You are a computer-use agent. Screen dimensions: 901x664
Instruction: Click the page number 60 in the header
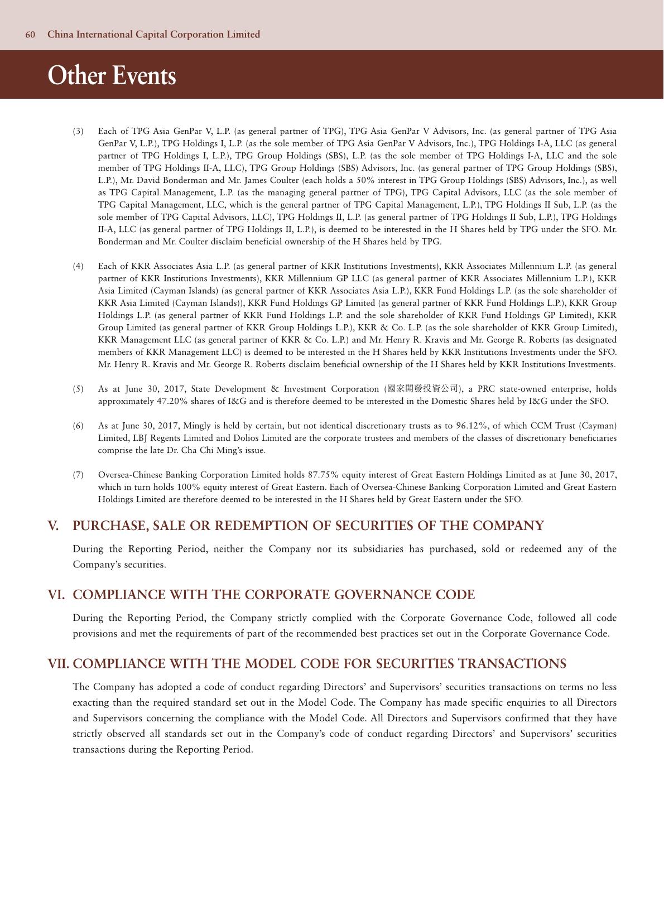pos(30,35)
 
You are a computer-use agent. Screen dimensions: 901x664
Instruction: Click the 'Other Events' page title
pos(112,75)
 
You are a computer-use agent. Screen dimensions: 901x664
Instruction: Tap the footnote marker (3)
pos(78,131)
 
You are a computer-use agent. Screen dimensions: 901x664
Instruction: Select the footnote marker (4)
pos(78,266)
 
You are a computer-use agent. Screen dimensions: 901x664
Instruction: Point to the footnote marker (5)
pos(78,389)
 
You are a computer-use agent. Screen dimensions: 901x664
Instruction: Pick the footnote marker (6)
pos(78,426)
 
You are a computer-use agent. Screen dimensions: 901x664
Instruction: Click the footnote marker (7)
pos(78,475)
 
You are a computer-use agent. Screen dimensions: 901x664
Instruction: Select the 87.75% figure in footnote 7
pos(324,475)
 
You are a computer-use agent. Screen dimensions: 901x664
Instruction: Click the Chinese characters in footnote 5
pos(423,389)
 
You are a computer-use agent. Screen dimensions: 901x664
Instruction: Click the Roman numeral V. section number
pos(54,526)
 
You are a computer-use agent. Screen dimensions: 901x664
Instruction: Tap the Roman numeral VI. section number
pos(56,595)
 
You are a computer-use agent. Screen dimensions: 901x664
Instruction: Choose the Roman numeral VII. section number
pos(59,664)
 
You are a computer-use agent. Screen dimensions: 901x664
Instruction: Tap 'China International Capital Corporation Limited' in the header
pos(154,35)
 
